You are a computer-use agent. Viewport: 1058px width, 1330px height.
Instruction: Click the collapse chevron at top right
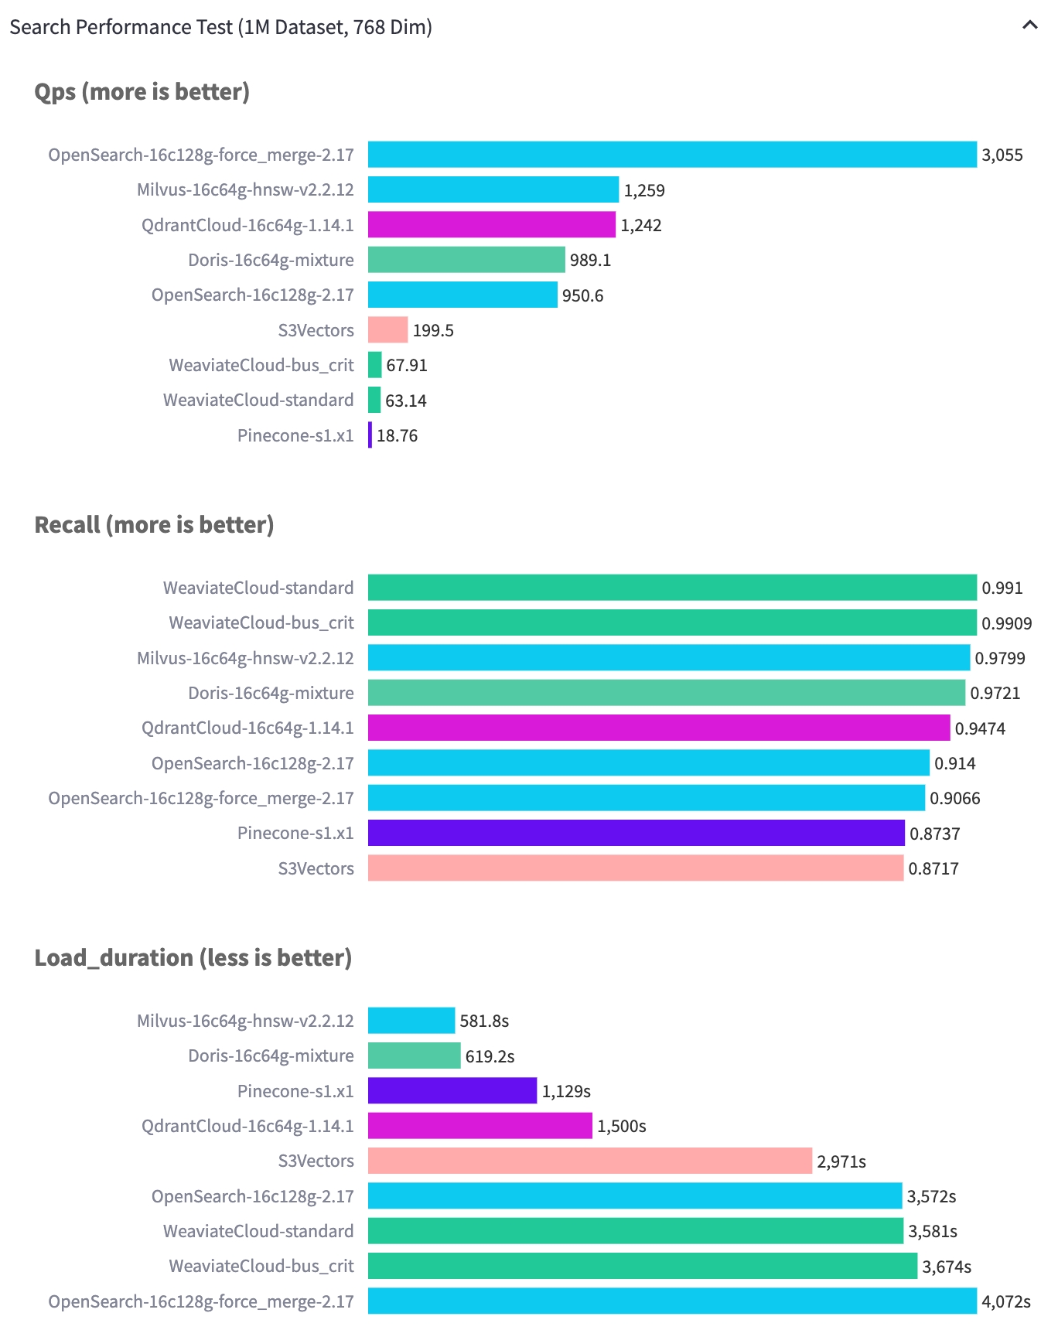point(1029,26)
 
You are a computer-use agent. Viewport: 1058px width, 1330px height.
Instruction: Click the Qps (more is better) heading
point(142,92)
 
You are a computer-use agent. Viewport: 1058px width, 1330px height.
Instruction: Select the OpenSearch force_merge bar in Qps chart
point(671,155)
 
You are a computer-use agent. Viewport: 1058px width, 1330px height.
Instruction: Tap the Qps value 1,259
point(644,190)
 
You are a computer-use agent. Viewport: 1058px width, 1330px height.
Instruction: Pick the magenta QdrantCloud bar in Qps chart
point(491,225)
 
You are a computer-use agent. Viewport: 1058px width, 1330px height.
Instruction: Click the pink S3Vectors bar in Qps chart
point(387,330)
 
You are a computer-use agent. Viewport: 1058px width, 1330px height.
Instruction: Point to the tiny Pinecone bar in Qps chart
point(370,435)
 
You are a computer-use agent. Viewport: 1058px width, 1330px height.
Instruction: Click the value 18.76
point(397,436)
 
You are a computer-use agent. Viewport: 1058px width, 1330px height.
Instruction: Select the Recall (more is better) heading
point(154,525)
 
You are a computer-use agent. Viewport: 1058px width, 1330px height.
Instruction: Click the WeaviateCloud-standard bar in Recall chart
point(671,588)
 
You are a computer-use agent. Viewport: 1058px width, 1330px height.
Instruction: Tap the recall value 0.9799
point(999,659)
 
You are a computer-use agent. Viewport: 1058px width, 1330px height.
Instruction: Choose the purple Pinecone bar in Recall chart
point(636,834)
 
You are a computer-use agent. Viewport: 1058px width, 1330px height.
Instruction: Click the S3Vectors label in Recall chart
point(316,869)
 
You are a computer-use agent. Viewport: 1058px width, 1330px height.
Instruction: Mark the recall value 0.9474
point(980,729)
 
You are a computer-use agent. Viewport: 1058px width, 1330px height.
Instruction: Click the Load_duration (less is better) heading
point(193,958)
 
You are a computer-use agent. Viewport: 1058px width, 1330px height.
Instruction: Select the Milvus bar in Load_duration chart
point(411,1021)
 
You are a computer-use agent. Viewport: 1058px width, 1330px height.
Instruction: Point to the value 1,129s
point(566,1092)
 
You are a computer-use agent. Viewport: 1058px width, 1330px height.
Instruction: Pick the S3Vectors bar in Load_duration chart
point(589,1161)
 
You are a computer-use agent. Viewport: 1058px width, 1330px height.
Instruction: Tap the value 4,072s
point(1005,1302)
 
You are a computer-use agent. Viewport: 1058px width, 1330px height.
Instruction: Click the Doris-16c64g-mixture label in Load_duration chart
point(271,1056)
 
